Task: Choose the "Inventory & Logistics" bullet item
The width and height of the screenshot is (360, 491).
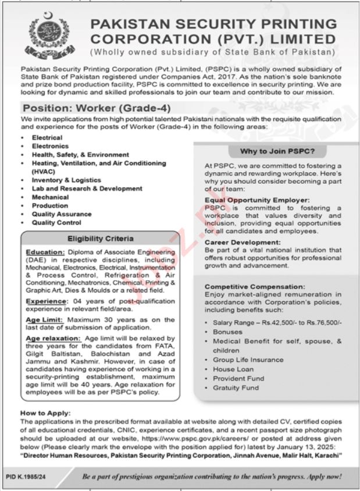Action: (62, 180)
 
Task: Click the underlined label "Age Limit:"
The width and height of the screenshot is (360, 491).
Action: (45, 320)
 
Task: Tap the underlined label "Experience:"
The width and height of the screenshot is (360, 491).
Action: (46, 302)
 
